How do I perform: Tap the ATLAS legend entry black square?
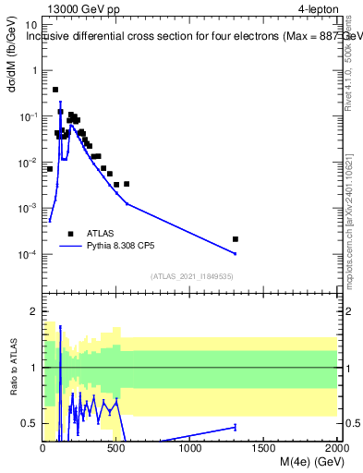[70, 234]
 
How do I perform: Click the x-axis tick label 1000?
[190, 448]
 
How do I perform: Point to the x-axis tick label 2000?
[336, 448]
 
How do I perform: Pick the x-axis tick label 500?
[116, 448]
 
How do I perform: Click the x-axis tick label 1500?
[264, 448]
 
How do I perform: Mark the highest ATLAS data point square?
[55, 90]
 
